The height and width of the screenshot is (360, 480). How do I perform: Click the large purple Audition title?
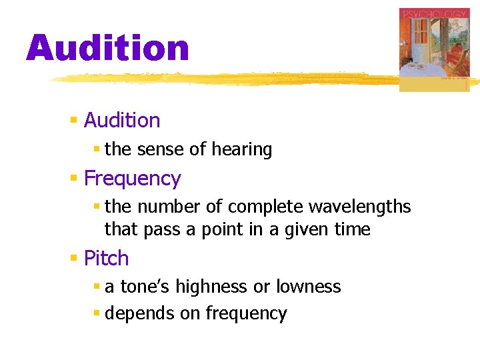107,49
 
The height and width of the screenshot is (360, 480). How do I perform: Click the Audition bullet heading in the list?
122,121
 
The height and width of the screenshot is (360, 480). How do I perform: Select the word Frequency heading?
132,179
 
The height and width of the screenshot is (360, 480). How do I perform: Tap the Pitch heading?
106,258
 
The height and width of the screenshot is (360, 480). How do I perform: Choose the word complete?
262,207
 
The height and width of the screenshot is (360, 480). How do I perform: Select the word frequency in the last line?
246,313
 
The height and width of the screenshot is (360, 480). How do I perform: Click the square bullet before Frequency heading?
74,179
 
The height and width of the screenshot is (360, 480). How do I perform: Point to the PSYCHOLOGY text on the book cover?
434,13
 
